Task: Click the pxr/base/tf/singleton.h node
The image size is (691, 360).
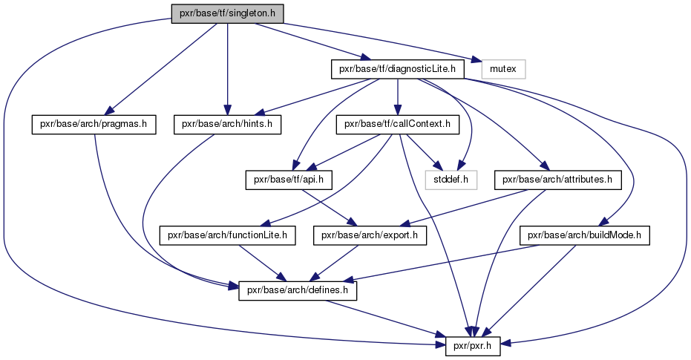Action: click(227, 14)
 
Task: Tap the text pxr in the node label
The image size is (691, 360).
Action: click(186, 14)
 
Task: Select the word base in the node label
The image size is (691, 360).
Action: click(207, 14)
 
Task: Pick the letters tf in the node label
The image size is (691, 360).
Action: click(223, 14)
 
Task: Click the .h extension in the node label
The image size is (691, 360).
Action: click(274, 14)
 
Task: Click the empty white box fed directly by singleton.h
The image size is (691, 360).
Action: click(503, 69)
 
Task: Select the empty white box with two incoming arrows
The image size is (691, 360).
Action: click(451, 180)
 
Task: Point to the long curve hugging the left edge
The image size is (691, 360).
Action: click(4, 186)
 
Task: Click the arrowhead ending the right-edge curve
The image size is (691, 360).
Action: click(505, 342)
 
